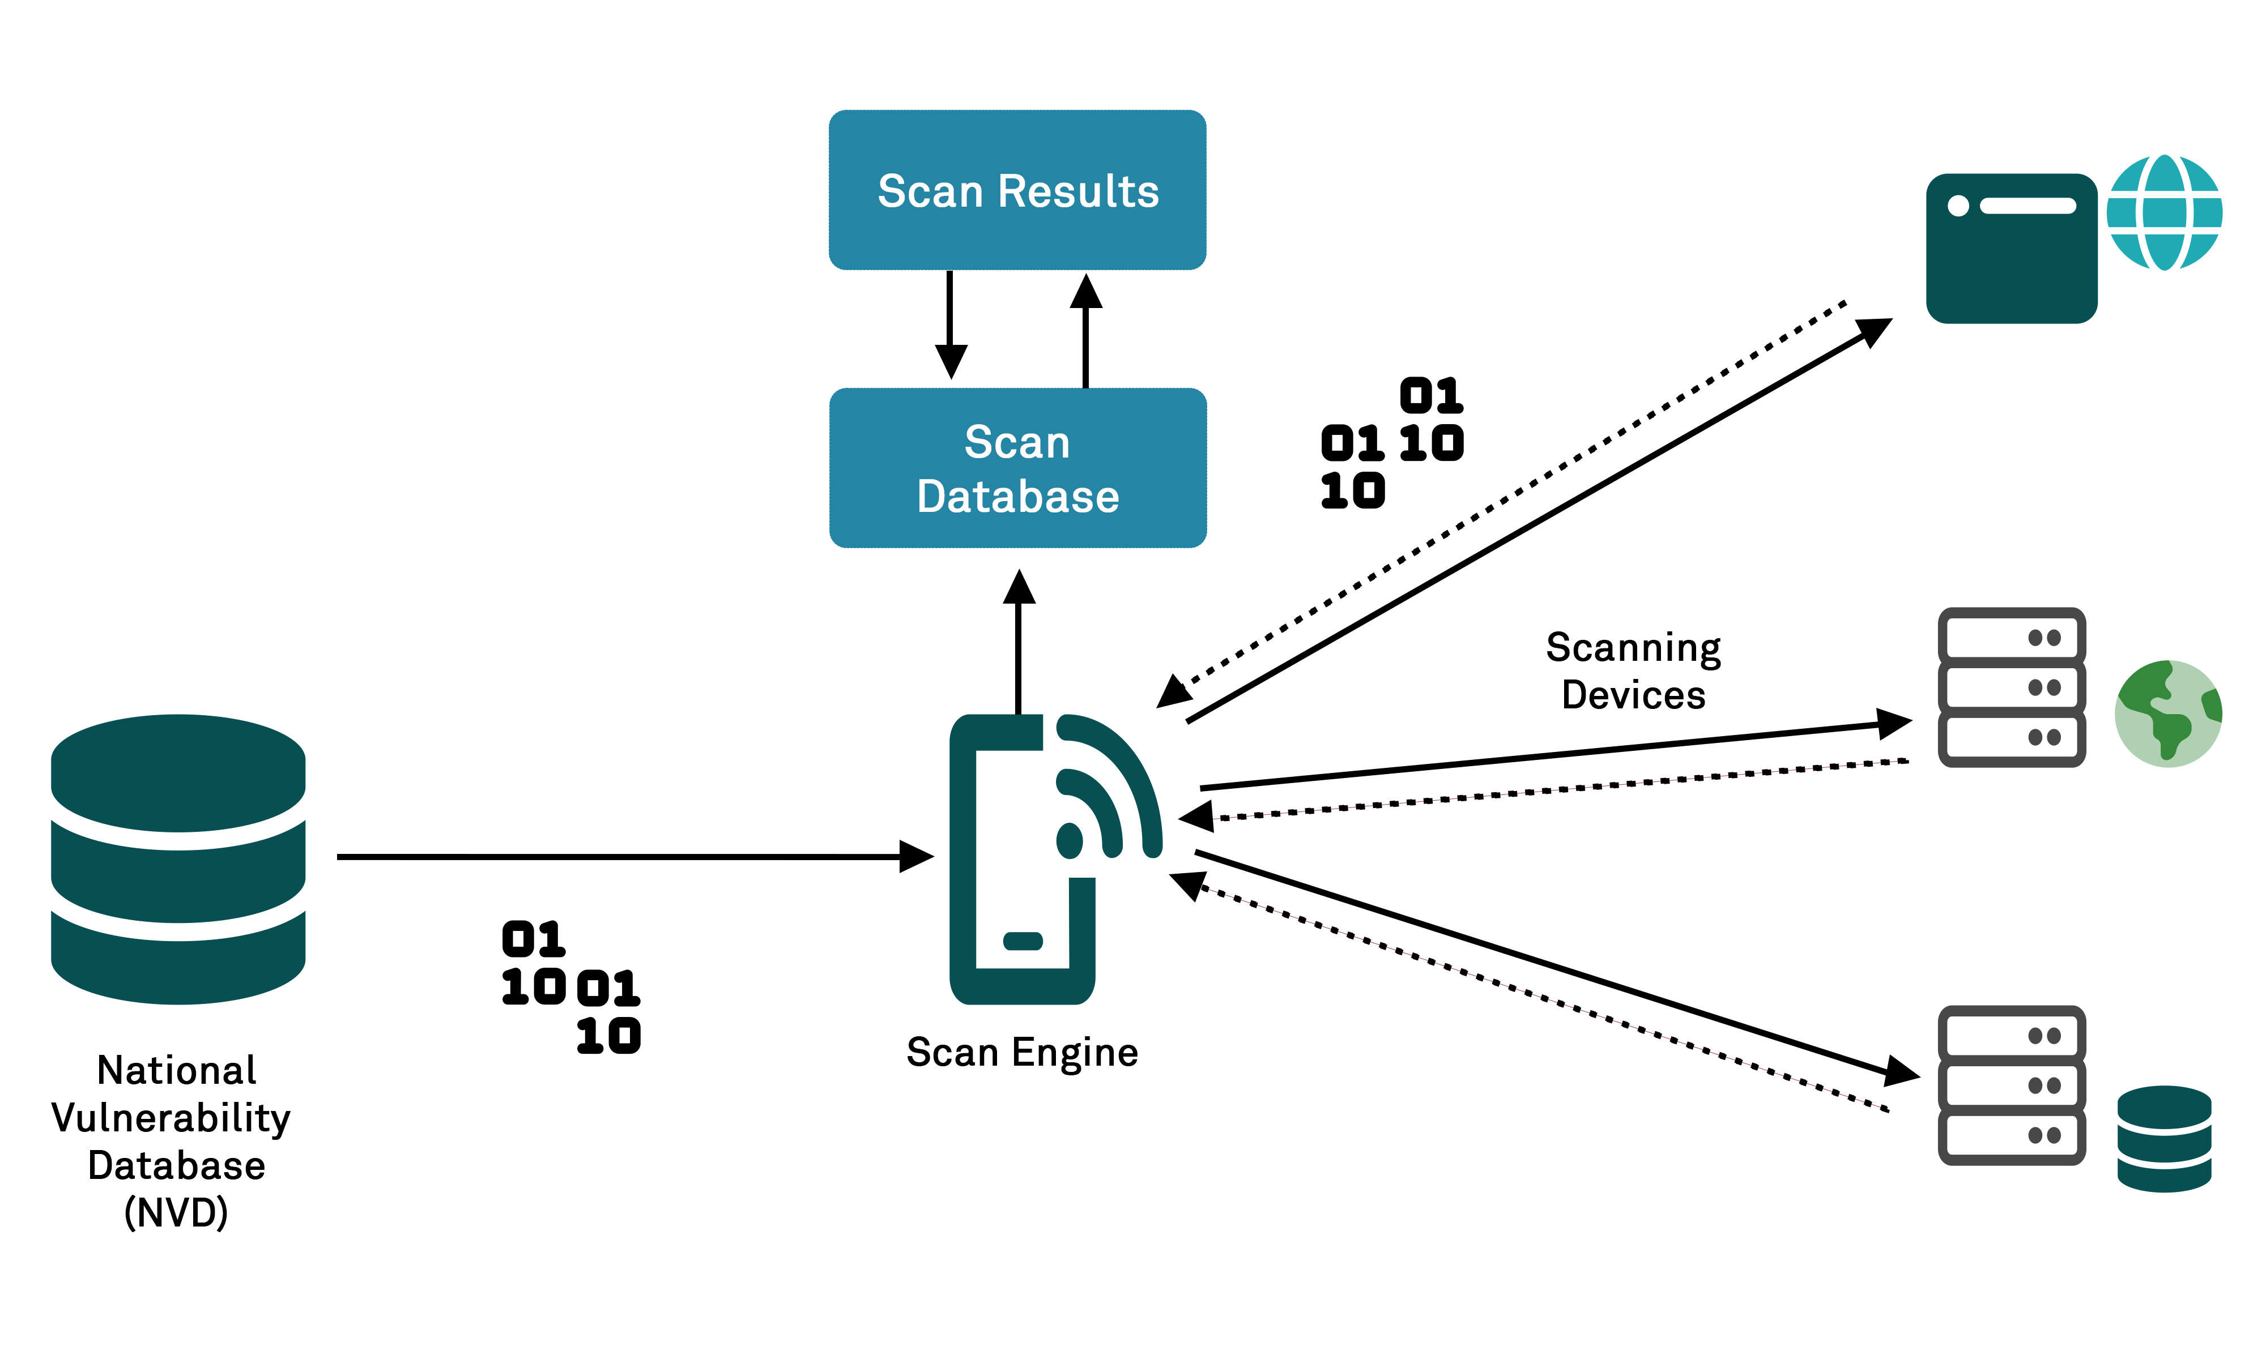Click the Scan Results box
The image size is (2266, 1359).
(x=1017, y=190)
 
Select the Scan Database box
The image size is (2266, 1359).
(x=1017, y=468)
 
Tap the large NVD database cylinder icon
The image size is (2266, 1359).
(x=178, y=859)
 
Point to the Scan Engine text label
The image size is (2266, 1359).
(x=1021, y=1052)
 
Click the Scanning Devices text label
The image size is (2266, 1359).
(x=1633, y=670)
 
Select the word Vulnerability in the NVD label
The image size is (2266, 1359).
(x=171, y=1118)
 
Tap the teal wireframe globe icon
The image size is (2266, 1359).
(x=2163, y=212)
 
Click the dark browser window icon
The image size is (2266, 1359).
(x=2012, y=248)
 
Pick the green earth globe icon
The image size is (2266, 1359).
(x=2167, y=713)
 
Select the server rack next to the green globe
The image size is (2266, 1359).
(x=2012, y=687)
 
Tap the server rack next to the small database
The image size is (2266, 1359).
(x=2012, y=1085)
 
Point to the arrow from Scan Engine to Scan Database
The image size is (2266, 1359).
(x=1019, y=641)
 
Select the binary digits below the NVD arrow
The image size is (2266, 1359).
(x=570, y=987)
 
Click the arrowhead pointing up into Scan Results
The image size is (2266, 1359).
(x=1085, y=291)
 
